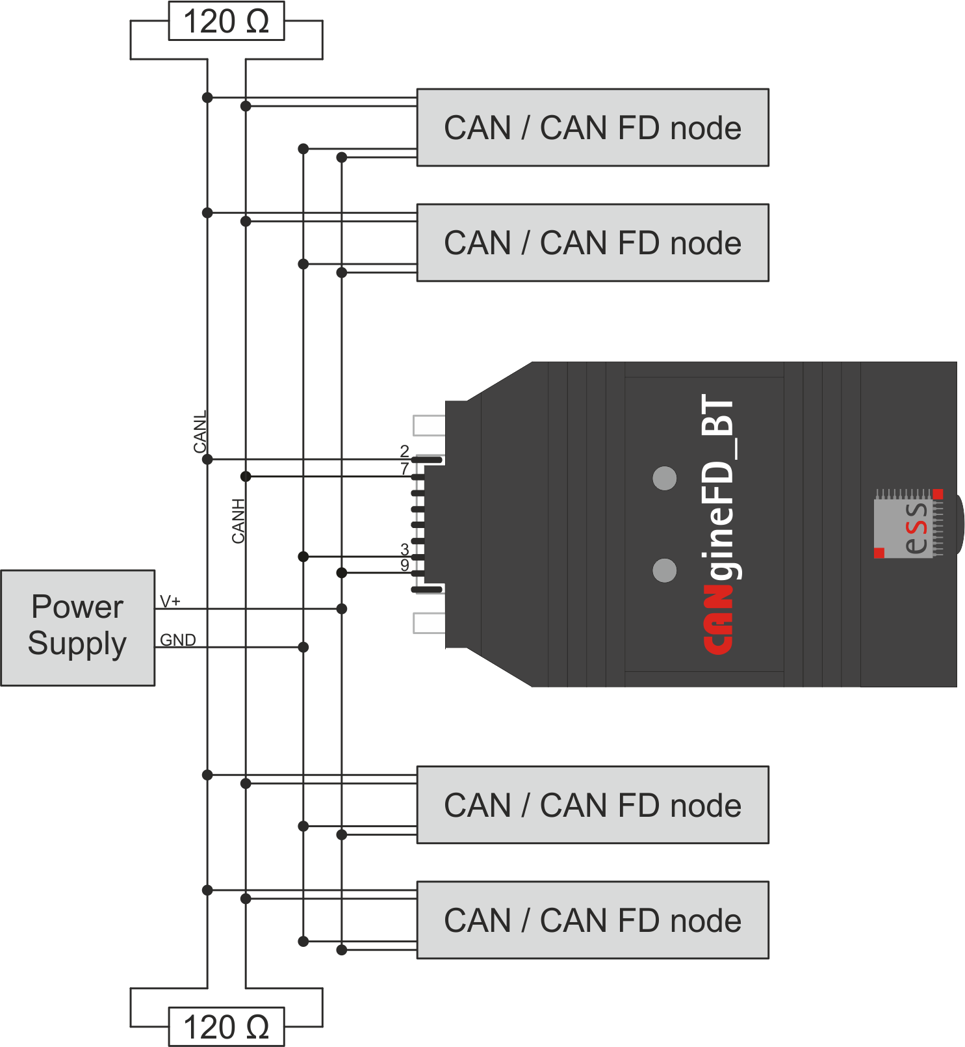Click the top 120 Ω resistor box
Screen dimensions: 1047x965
tap(226, 21)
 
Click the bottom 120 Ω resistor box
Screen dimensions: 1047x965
tap(226, 1027)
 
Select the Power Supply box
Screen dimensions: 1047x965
tap(77, 627)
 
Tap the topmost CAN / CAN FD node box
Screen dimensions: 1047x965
tap(592, 127)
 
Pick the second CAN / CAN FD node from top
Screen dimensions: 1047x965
tap(592, 243)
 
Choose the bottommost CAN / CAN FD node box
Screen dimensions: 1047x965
tap(592, 920)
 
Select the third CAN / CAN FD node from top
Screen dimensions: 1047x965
tap(592, 805)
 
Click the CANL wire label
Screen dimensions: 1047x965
tap(200, 432)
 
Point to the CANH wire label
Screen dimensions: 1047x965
tap(238, 520)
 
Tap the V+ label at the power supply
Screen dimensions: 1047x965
tap(170, 601)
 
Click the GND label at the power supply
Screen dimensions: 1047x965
tap(177, 640)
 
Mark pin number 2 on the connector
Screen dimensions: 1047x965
tap(404, 451)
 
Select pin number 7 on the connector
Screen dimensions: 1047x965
tap(404, 468)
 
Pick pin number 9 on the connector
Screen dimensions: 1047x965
tap(404, 565)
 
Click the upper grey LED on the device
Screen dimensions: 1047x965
tap(664, 479)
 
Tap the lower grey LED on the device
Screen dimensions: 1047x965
tap(664, 570)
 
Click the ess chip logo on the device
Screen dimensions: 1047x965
tap(908, 524)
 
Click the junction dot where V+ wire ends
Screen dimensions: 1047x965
tap(342, 609)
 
